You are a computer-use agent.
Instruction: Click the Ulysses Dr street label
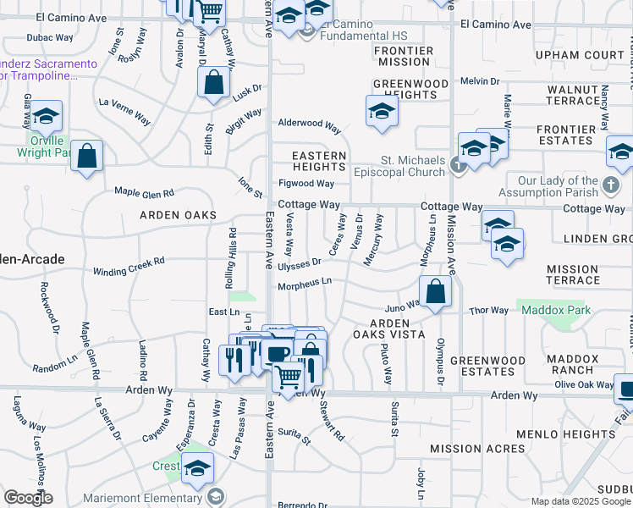pyautogui.click(x=300, y=262)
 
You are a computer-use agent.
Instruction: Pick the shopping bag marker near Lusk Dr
pyautogui.click(x=214, y=83)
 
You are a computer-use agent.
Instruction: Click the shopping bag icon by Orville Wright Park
pyautogui.click(x=86, y=156)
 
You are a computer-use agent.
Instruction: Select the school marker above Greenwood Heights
pyautogui.click(x=382, y=111)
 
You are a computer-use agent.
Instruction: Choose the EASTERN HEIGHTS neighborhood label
pyautogui.click(x=319, y=162)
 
